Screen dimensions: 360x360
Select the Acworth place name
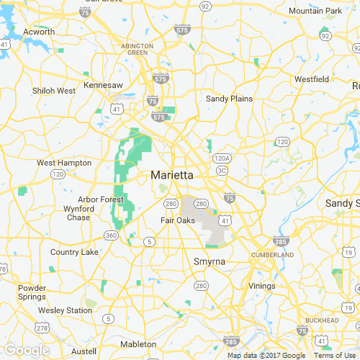39,32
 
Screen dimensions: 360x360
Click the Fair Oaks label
177,220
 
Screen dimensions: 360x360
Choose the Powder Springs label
32,292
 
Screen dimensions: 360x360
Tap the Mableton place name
138,344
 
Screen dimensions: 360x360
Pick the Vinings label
262,286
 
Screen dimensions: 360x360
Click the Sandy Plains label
229,98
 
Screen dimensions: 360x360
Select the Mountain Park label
315,11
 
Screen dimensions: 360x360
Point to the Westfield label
312,78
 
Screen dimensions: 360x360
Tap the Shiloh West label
54,91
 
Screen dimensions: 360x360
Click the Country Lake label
74,252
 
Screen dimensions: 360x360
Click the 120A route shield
221,158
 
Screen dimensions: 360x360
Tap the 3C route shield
222,171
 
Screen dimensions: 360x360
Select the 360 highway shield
111,235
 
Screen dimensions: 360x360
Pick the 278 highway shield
42,328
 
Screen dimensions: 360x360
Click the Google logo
27,350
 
